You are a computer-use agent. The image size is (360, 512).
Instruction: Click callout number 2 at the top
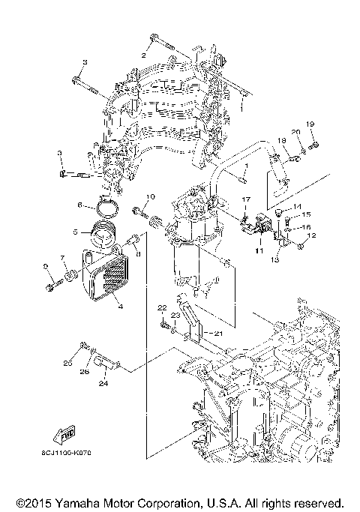pos(143,55)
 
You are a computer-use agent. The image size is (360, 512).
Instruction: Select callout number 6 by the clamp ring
pos(79,204)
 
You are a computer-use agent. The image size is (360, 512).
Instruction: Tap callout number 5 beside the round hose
pos(75,232)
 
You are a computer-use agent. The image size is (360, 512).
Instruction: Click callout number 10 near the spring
pos(149,197)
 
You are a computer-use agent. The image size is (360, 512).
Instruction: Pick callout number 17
pos(244,199)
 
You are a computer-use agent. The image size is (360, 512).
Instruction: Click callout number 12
pos(313,235)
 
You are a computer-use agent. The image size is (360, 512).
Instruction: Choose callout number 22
pos(161,308)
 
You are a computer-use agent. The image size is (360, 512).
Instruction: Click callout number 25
pos(67,364)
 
